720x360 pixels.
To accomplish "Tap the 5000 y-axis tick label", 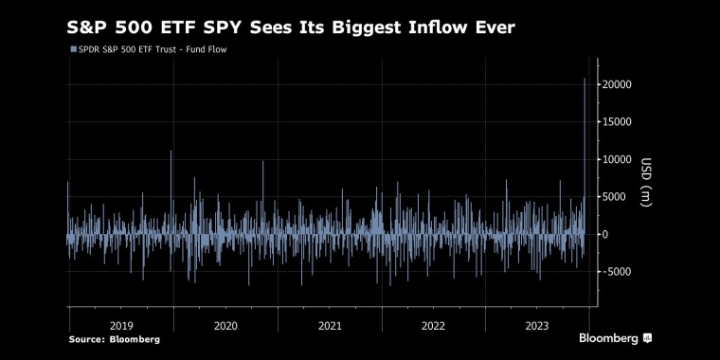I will tap(614, 197).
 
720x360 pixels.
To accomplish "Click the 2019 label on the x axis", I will tap(122, 325).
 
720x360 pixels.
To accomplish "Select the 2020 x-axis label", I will tap(225, 325).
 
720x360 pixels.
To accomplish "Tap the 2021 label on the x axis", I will tap(330, 325).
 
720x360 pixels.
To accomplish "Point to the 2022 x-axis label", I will tap(433, 325).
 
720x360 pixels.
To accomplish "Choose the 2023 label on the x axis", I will tap(536, 325).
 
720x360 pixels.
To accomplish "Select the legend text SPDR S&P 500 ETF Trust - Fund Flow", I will tap(150, 49).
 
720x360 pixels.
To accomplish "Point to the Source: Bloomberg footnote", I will tap(115, 339).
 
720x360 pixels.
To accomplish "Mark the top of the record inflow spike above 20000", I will tap(584, 79).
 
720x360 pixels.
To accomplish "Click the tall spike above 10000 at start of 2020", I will tap(171, 152).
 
